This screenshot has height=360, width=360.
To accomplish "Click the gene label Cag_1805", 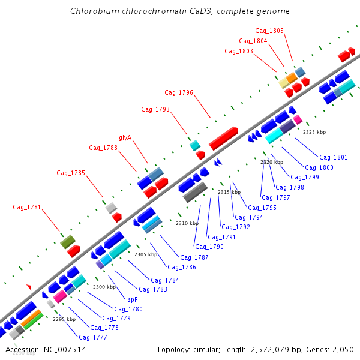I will [269, 31].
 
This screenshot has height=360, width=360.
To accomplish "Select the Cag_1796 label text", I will [179, 92].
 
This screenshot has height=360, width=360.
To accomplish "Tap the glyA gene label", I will [125, 137].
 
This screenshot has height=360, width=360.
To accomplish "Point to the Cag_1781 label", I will [27, 207].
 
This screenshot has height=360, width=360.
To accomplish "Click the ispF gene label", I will [131, 299].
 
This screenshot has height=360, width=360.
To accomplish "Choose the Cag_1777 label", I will [93, 337].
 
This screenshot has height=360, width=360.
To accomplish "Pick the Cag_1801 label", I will [333, 157].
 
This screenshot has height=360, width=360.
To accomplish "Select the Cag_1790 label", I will [209, 247].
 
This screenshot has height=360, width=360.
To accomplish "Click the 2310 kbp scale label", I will [187, 223].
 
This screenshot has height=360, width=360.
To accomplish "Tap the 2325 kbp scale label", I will [314, 132].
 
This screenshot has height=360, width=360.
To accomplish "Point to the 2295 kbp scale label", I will [64, 319].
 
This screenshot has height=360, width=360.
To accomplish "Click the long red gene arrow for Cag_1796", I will [223, 138].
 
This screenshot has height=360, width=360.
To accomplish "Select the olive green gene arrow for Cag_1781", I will [67, 242].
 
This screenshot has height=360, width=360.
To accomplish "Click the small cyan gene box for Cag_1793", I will [194, 145].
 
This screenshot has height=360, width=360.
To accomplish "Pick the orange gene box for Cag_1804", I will [292, 78].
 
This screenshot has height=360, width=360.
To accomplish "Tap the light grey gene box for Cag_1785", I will [111, 208].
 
